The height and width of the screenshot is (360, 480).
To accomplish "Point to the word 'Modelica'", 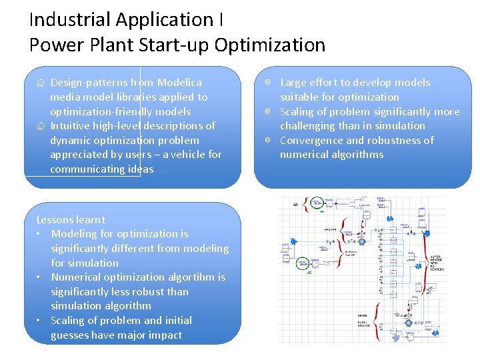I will (x=179, y=83).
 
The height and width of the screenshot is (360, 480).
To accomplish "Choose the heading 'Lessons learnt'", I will (x=71, y=219).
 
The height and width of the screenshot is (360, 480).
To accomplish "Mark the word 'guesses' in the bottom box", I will (x=73, y=335).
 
